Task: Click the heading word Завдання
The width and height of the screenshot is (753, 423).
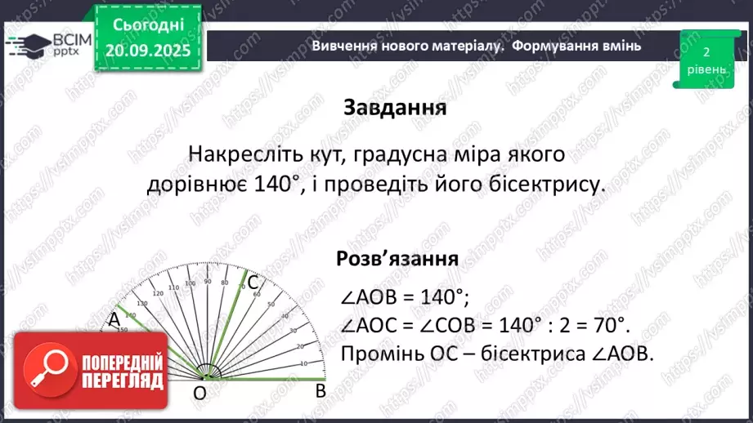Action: point(394,109)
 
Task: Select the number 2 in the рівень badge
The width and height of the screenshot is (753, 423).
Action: point(706,51)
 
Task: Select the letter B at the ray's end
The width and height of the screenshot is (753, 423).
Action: point(321,391)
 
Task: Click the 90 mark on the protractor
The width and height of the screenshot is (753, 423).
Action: point(208,282)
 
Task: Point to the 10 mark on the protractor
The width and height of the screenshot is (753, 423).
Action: point(303,363)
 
